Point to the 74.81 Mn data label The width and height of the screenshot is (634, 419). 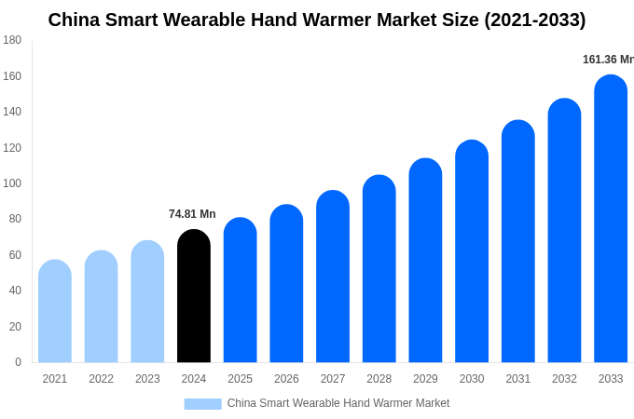[192, 214]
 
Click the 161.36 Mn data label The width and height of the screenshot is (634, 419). [607, 60]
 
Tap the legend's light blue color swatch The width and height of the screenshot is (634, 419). [202, 404]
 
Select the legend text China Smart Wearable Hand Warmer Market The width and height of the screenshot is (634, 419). [338, 403]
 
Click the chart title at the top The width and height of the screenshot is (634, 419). [317, 20]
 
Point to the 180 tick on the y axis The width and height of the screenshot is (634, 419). [12, 40]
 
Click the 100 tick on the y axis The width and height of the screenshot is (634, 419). [12, 183]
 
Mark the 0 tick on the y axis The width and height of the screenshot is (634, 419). [18, 362]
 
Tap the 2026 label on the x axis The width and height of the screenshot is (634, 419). [286, 379]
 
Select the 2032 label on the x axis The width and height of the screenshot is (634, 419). [564, 379]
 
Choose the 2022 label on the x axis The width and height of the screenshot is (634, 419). [101, 379]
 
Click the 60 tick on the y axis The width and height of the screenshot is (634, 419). [15, 255]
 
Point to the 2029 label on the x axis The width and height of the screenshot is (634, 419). [425, 379]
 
